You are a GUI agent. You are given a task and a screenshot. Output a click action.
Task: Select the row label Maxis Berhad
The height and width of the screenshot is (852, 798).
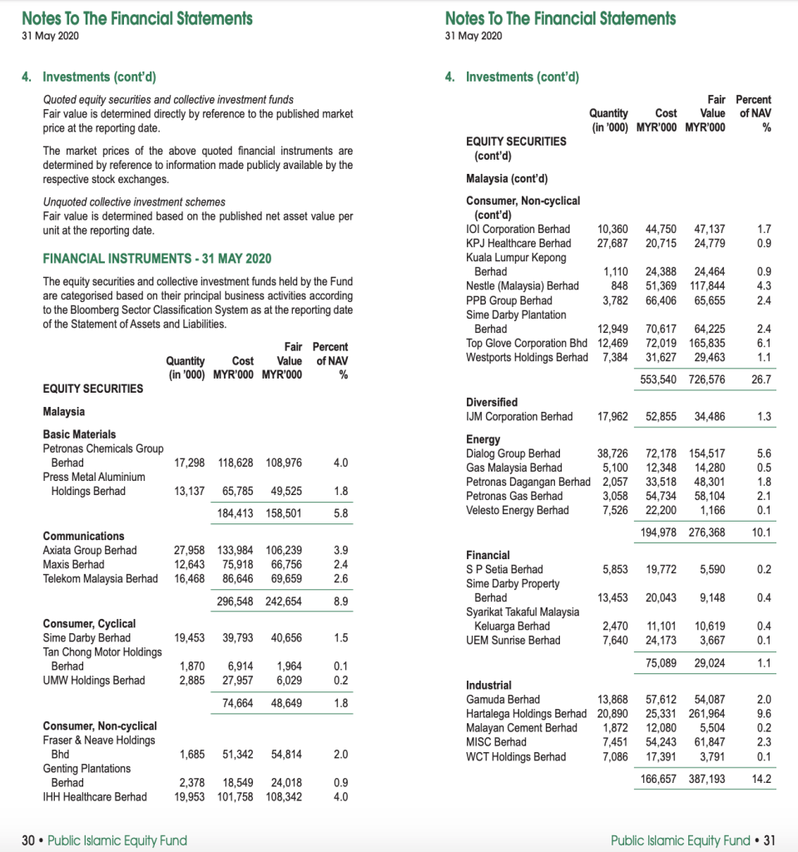pos(74,564)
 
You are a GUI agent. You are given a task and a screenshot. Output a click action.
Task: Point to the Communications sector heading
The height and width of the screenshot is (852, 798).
pos(83,536)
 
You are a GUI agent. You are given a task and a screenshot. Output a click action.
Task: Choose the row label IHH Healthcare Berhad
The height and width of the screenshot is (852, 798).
pos(95,797)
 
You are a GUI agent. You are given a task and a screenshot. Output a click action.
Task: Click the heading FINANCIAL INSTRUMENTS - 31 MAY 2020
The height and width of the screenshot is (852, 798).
pos(156,258)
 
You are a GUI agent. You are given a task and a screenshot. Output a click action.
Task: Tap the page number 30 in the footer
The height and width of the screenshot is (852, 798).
pos(27,840)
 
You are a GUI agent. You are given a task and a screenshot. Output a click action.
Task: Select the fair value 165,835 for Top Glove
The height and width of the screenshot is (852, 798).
pos(706,343)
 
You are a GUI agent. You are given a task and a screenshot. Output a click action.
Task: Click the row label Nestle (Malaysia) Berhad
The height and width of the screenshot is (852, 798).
pos(522,285)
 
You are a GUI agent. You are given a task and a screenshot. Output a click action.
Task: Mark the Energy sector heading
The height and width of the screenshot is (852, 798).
pos(483,439)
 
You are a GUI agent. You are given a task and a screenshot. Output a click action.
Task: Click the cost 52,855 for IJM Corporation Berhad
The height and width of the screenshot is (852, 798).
pos(662,416)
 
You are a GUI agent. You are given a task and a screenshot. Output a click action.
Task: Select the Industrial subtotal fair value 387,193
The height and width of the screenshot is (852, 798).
pos(706,780)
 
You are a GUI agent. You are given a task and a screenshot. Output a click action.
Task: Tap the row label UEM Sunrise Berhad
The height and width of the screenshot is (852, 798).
pos(513,641)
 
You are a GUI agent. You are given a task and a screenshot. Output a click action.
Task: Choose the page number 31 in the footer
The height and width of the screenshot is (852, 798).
pos(769,840)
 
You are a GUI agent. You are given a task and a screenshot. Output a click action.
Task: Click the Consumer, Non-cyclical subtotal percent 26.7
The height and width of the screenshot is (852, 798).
pos(761,379)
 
